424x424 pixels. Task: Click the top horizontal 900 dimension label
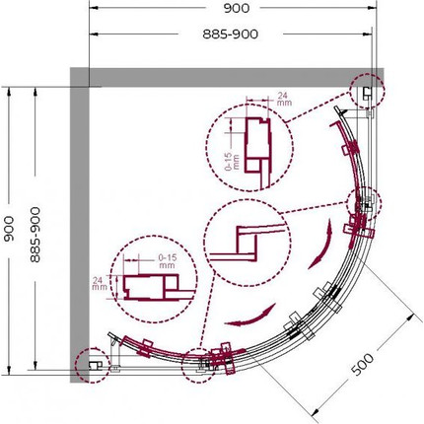(x=237, y=8)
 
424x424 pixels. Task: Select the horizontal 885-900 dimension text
(x=231, y=34)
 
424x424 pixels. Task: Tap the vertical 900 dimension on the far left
(x=9, y=229)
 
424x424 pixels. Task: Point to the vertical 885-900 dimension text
(x=35, y=235)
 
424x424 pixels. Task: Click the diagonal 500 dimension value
(x=363, y=364)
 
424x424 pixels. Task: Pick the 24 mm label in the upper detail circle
(x=283, y=99)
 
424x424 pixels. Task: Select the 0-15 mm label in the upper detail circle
(x=233, y=161)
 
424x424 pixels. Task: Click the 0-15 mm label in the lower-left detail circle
(x=168, y=261)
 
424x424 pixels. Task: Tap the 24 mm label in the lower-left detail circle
(x=100, y=284)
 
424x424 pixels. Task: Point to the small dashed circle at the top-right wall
(x=367, y=91)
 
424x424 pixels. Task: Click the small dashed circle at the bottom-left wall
(x=93, y=365)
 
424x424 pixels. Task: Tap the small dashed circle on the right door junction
(x=364, y=203)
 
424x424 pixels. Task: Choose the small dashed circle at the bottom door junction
(x=199, y=366)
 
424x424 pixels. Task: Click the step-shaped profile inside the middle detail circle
(x=247, y=244)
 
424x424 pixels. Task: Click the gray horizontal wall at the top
(x=227, y=77)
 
